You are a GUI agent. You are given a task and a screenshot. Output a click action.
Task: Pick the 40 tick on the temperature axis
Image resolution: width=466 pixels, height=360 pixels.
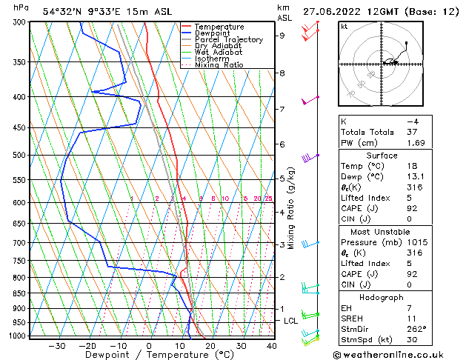(272, 346)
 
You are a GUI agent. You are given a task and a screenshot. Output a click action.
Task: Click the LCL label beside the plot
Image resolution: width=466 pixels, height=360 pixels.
(290, 321)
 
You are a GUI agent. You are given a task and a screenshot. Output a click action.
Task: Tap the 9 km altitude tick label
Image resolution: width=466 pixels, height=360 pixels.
(282, 35)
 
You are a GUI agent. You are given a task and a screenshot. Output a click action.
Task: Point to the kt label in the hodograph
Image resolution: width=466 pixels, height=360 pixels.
(344, 27)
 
